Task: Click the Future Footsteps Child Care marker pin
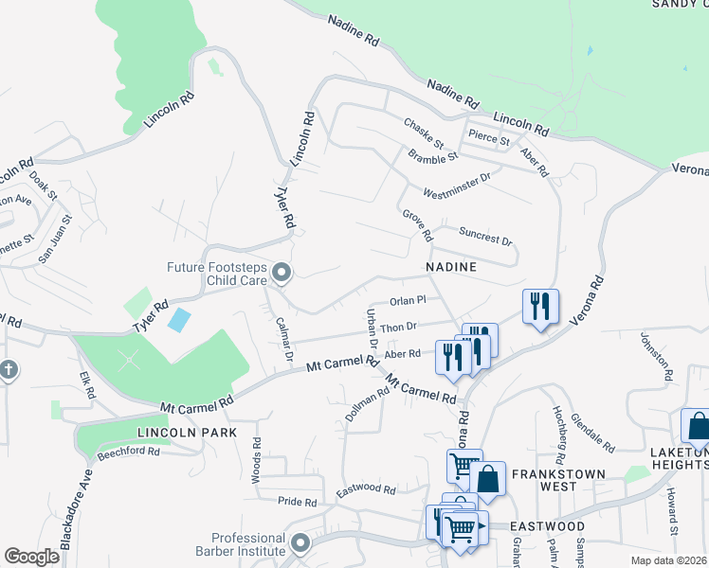281,274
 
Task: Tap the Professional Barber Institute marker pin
300,543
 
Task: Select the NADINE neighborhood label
450,268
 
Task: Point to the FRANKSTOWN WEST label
544,480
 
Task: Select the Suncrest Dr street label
484,235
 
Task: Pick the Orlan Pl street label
409,301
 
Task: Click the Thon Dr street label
400,328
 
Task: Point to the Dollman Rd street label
367,404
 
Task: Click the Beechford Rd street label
128,453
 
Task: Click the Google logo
31,557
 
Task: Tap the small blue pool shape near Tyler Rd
178,319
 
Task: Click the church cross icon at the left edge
8,369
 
